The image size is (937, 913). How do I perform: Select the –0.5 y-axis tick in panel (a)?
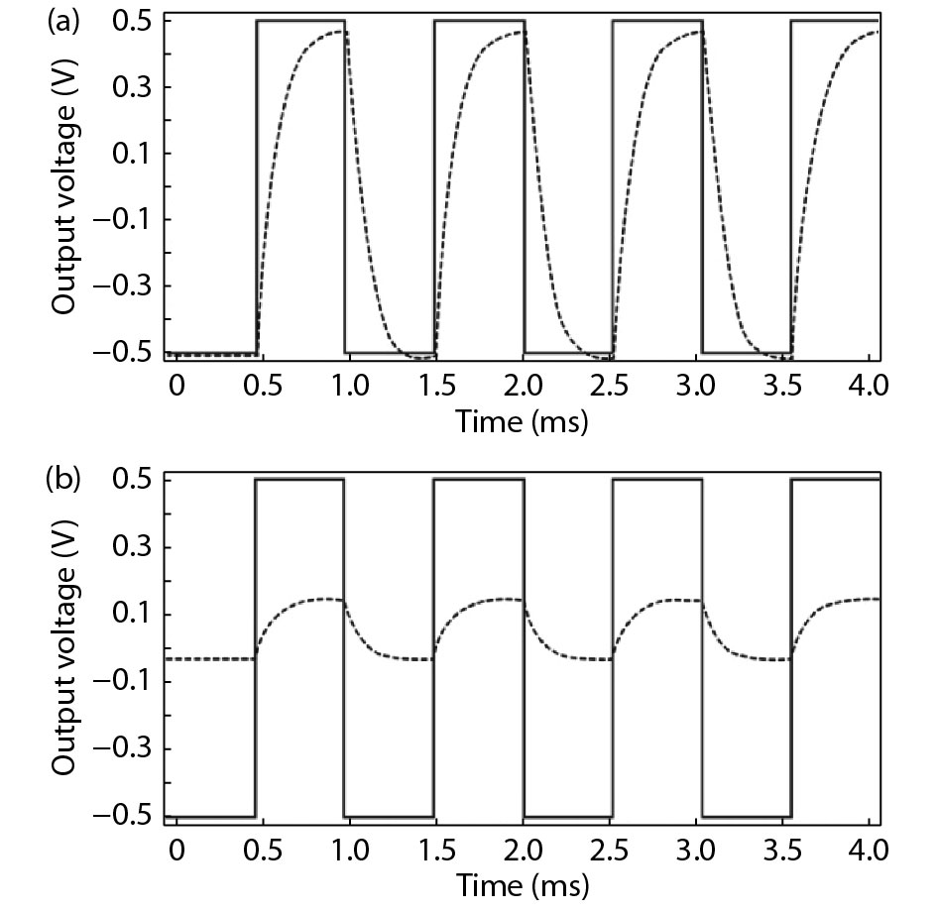point(126,353)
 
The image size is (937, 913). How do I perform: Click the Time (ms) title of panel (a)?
point(522,423)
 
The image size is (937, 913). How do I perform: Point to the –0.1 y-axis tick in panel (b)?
point(126,682)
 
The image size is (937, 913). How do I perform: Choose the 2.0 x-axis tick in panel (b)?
point(524,850)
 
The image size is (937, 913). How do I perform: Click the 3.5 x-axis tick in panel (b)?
point(790,850)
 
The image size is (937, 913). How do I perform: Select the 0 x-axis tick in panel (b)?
point(176,850)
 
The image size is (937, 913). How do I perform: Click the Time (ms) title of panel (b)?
point(522,882)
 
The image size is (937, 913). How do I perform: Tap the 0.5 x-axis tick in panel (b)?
point(257,850)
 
